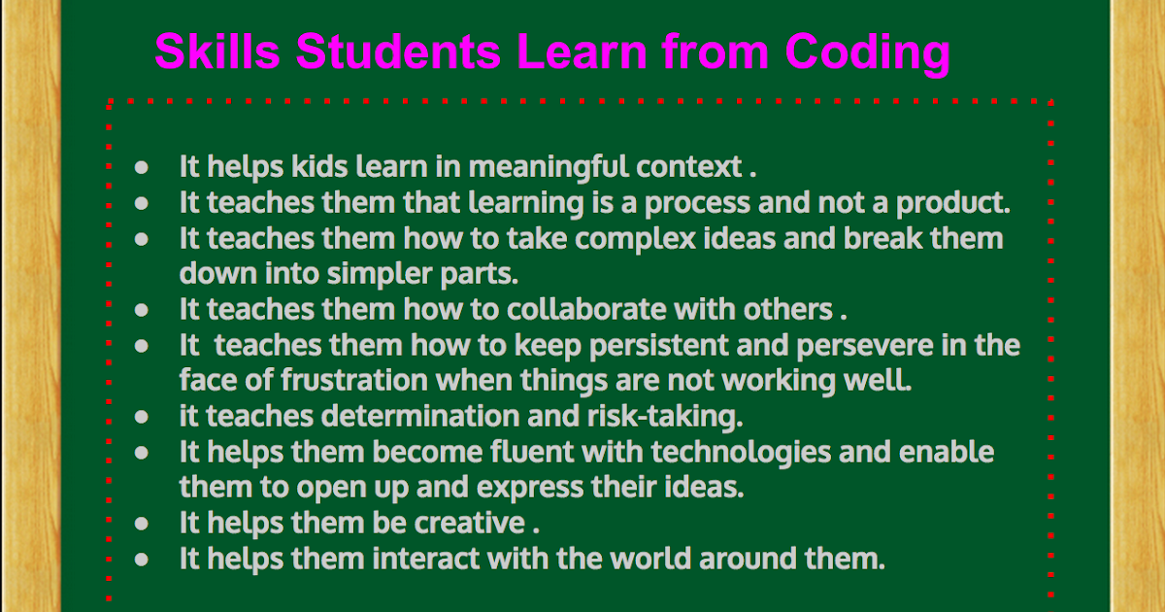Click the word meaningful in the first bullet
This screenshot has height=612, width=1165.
tap(549, 167)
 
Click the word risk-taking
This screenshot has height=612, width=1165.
tap(665, 416)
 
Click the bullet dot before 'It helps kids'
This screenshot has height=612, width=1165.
tap(142, 167)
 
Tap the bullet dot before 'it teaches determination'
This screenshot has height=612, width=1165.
tap(142, 416)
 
